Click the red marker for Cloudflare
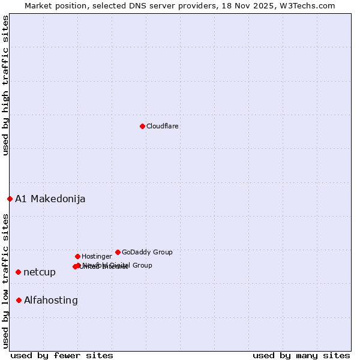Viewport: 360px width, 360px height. pos(142,126)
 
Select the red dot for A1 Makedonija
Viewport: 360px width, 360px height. pos(10,199)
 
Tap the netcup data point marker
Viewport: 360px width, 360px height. pos(18,272)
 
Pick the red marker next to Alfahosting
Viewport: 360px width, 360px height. pos(19,300)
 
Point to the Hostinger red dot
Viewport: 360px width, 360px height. pos(77,256)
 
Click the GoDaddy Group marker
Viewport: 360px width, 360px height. pos(118,252)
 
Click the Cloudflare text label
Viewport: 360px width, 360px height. pos(163,126)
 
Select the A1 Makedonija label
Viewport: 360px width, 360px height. pos(50,199)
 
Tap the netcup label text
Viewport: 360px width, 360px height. pos(40,272)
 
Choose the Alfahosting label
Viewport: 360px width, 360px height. pos(51,300)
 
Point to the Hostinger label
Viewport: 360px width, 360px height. pos(97,256)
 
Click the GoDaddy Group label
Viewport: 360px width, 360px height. pos(147,252)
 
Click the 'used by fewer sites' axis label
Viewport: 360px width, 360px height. pos(62,355)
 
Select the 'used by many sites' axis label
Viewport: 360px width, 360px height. pos(301,355)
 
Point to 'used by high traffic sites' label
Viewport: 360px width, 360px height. pos(5,85)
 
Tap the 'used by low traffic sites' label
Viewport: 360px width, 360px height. pos(5,280)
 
